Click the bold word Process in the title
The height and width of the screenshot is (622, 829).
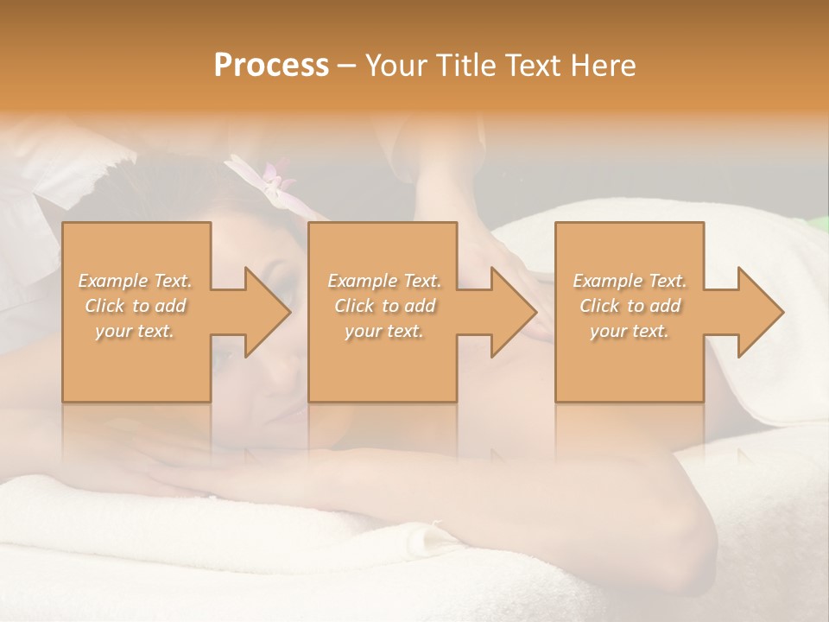(271, 66)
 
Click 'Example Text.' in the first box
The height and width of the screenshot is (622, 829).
(135, 281)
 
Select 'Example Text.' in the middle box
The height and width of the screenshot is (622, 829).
(384, 281)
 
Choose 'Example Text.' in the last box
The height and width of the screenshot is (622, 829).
(630, 281)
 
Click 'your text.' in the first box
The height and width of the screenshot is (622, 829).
(135, 331)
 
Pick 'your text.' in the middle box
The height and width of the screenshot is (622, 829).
(384, 331)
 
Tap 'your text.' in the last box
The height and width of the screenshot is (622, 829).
(630, 331)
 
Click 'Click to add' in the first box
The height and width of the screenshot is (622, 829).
(135, 306)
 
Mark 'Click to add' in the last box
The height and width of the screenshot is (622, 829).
(630, 306)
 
